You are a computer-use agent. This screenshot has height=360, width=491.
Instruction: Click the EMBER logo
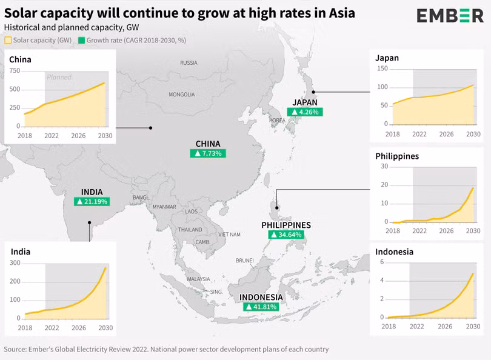coord(450,16)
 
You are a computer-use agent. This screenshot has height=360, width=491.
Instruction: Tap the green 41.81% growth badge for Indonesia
coord(261,307)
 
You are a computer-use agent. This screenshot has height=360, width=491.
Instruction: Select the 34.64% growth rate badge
coord(286,235)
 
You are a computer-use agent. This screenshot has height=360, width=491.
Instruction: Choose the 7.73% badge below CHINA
coord(208,154)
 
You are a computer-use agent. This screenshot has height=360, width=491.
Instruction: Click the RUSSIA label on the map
coord(189,62)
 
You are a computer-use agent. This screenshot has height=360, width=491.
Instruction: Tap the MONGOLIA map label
coord(181,95)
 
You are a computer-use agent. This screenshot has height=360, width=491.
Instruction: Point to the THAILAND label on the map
coord(190,230)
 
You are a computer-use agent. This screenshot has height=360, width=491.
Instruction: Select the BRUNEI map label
coord(244,261)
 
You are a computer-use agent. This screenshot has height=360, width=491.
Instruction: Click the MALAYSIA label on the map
coord(198,279)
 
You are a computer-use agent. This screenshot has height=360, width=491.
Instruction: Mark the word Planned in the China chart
coord(59,77)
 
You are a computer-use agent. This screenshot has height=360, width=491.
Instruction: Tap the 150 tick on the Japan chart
coord(382,68)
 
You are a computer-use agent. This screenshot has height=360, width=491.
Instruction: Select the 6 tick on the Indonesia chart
coord(382,262)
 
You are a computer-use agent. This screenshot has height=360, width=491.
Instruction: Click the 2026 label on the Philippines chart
coord(446,232)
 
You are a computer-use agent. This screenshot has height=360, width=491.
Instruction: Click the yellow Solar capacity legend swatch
coord(8,41)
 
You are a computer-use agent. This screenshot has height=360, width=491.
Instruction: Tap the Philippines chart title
coord(397,156)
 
